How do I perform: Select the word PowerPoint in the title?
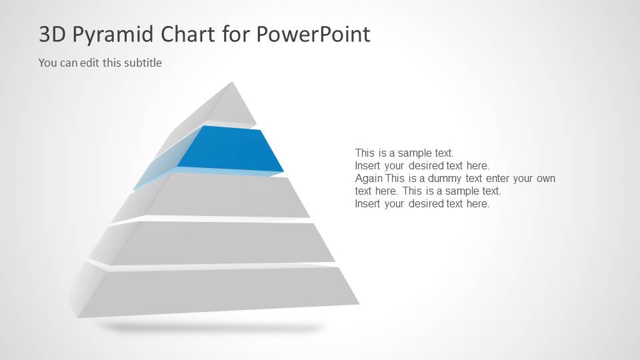click(x=313, y=34)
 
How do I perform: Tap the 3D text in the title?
click(x=51, y=34)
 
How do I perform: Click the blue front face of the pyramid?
click(x=230, y=149)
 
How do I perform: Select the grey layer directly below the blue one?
click(x=227, y=197)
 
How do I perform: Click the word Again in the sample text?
click(x=369, y=179)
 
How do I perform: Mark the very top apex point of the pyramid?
click(x=233, y=82)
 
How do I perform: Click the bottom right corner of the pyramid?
click(x=359, y=303)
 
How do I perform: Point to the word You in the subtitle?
click(x=47, y=63)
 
